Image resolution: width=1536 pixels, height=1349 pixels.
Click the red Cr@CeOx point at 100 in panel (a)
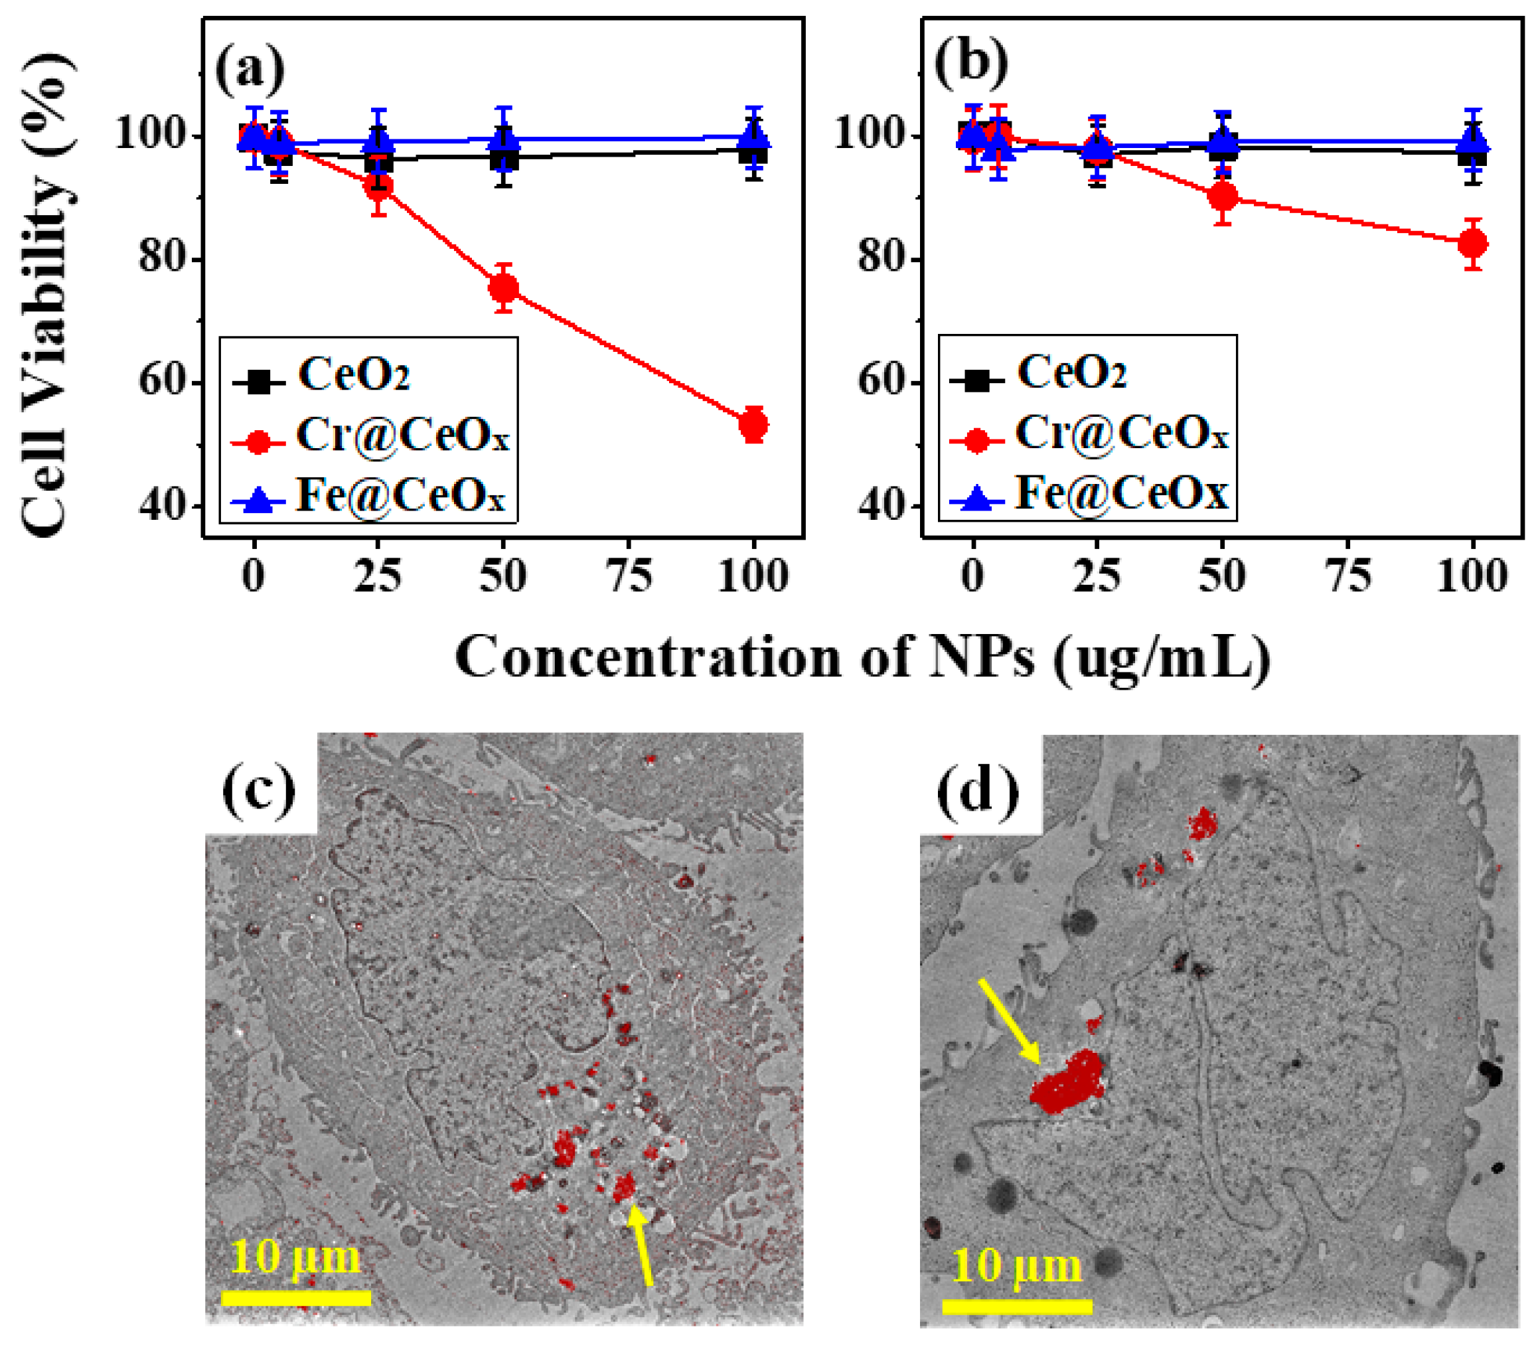(x=753, y=425)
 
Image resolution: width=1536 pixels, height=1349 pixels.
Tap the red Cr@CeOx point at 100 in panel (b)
(x=1473, y=244)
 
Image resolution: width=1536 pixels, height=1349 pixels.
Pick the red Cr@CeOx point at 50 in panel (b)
(x=1223, y=197)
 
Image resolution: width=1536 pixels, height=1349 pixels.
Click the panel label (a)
(x=250, y=70)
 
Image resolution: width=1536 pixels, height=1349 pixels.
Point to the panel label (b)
(x=971, y=62)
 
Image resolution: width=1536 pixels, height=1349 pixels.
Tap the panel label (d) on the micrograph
(x=978, y=791)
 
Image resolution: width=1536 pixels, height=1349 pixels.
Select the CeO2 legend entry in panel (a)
(x=353, y=374)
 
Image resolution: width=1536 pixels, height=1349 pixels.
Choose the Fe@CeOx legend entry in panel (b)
(x=1121, y=493)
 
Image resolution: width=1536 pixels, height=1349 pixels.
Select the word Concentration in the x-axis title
(x=647, y=657)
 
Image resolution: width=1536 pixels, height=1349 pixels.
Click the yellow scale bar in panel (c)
(x=296, y=1298)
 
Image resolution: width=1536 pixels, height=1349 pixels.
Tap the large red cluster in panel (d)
(x=1067, y=1083)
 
